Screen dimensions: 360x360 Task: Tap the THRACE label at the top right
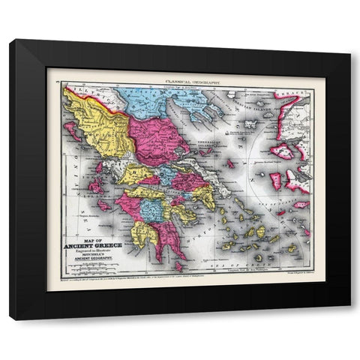point(295,96)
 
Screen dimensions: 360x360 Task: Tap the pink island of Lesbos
point(283,151)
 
